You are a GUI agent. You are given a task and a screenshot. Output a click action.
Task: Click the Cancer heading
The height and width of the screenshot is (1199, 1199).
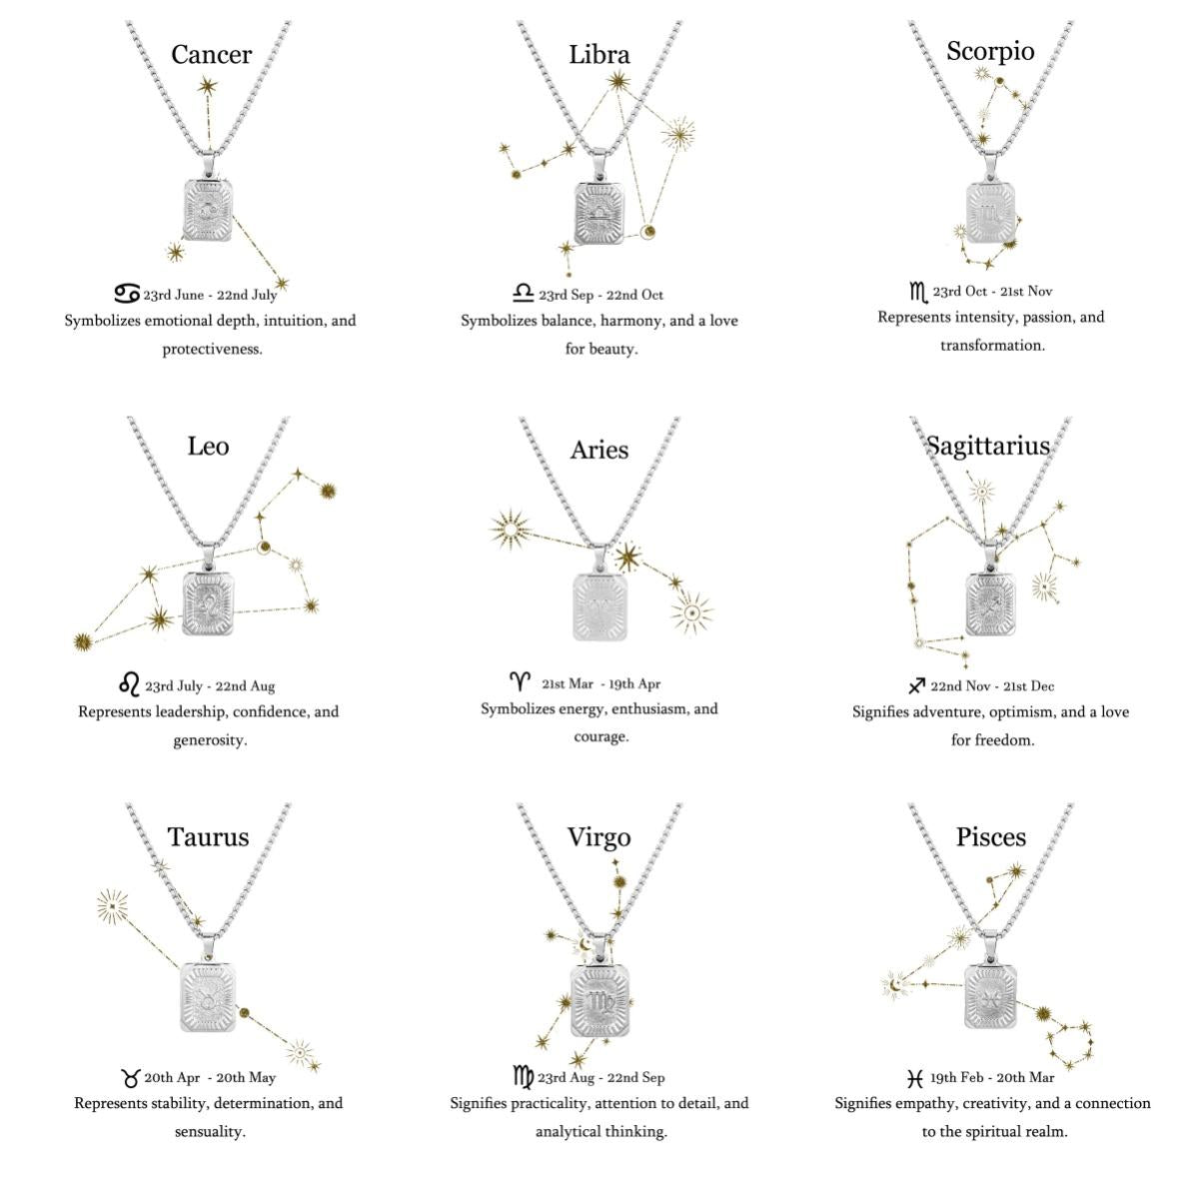pos(212,55)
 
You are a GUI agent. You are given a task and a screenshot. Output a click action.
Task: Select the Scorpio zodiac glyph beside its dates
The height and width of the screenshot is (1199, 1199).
pos(918,293)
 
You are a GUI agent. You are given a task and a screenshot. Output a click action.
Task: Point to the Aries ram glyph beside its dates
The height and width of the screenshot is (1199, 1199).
pos(520,681)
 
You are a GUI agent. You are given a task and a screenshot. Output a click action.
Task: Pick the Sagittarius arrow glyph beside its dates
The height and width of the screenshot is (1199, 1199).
pos(916,685)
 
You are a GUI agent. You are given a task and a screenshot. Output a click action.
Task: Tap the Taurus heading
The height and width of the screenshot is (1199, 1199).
pos(208,837)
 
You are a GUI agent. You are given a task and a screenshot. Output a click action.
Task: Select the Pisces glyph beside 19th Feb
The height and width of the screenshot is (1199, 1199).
pos(914,1078)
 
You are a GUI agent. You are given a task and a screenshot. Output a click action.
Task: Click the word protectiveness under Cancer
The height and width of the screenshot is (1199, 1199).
pos(212,349)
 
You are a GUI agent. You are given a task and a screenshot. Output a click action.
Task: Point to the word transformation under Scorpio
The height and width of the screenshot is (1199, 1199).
pos(992,346)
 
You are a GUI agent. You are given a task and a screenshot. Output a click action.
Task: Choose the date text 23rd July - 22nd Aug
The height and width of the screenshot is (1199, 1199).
pos(210,686)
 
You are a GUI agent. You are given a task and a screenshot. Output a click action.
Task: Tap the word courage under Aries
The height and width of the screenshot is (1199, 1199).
pos(601,737)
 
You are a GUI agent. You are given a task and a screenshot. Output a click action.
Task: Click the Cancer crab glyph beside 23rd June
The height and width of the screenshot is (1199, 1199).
pos(127,293)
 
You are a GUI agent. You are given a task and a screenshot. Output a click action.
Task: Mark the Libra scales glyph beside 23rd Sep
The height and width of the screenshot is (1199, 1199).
pos(524,293)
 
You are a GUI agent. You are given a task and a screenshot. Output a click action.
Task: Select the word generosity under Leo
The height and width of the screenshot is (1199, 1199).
pos(210,740)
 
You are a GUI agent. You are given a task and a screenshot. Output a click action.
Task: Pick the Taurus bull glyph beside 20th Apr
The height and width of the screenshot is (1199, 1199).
pos(130,1077)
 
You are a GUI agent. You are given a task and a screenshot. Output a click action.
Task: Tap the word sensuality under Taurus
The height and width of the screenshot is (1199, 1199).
pos(210,1132)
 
